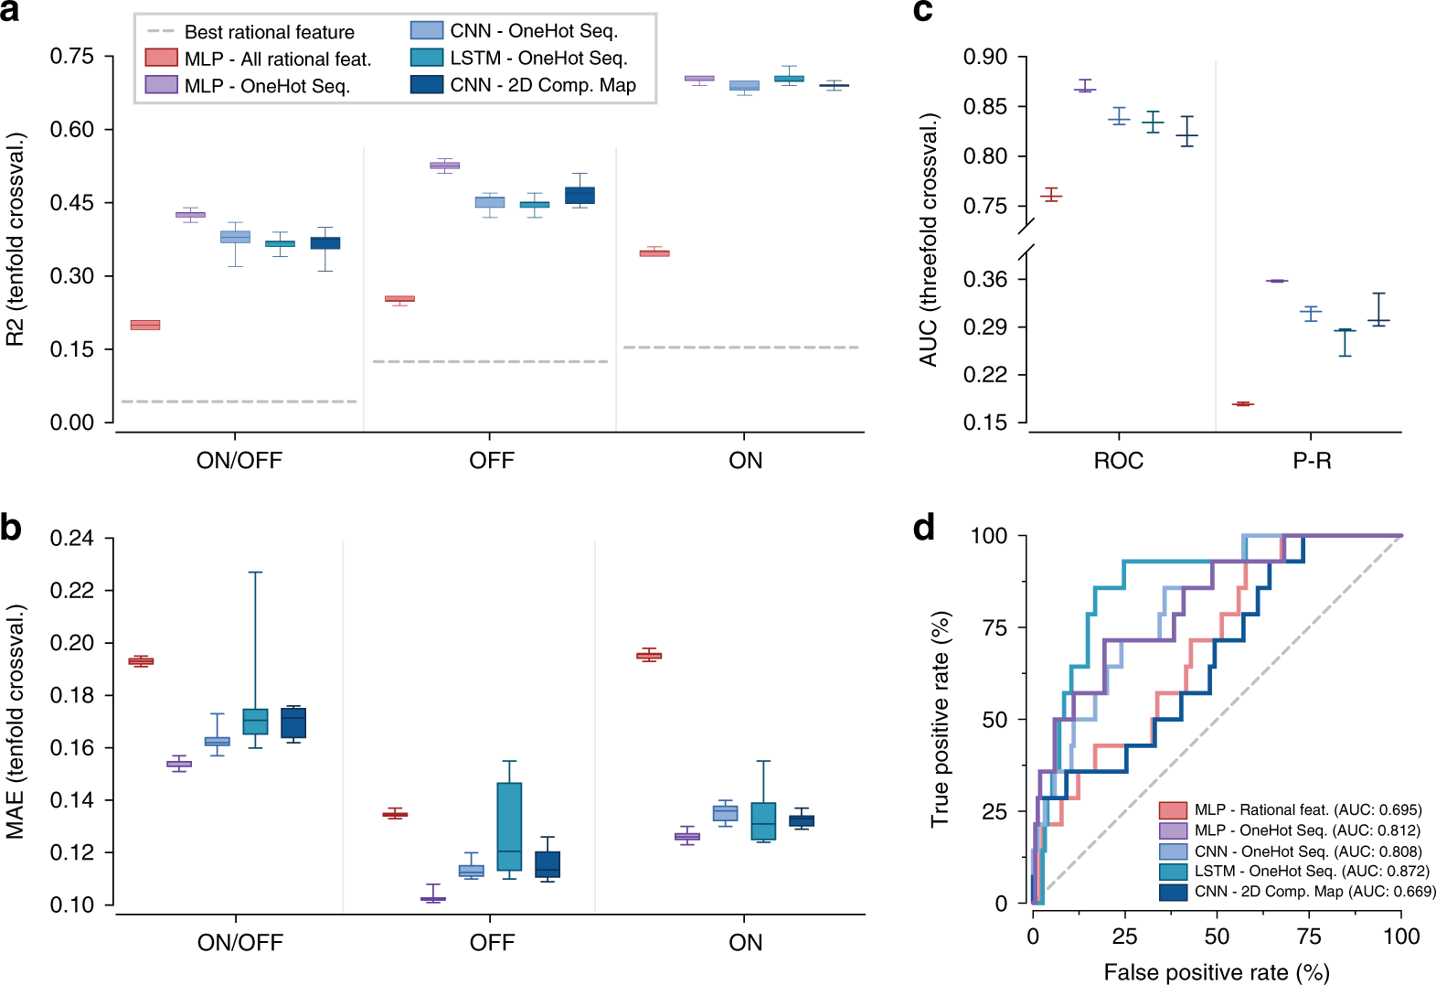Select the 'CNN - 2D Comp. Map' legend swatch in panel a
tap(427, 85)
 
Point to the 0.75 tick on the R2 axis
tap(72, 57)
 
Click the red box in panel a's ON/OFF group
tap(145, 325)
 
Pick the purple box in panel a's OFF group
tap(444, 166)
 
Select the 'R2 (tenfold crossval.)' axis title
tap(16, 240)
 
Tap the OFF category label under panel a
tap(491, 460)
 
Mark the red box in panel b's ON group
tap(649, 655)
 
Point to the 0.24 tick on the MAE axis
tap(72, 539)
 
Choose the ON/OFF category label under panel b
tap(239, 943)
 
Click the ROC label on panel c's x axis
tap(1118, 460)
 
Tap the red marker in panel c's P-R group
tap(1242, 403)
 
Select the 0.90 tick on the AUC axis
tap(985, 58)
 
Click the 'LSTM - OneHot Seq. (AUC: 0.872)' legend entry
tap(1311, 872)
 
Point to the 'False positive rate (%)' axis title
tap(1216, 972)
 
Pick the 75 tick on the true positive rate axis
tap(995, 628)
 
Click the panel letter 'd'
tap(924, 528)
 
